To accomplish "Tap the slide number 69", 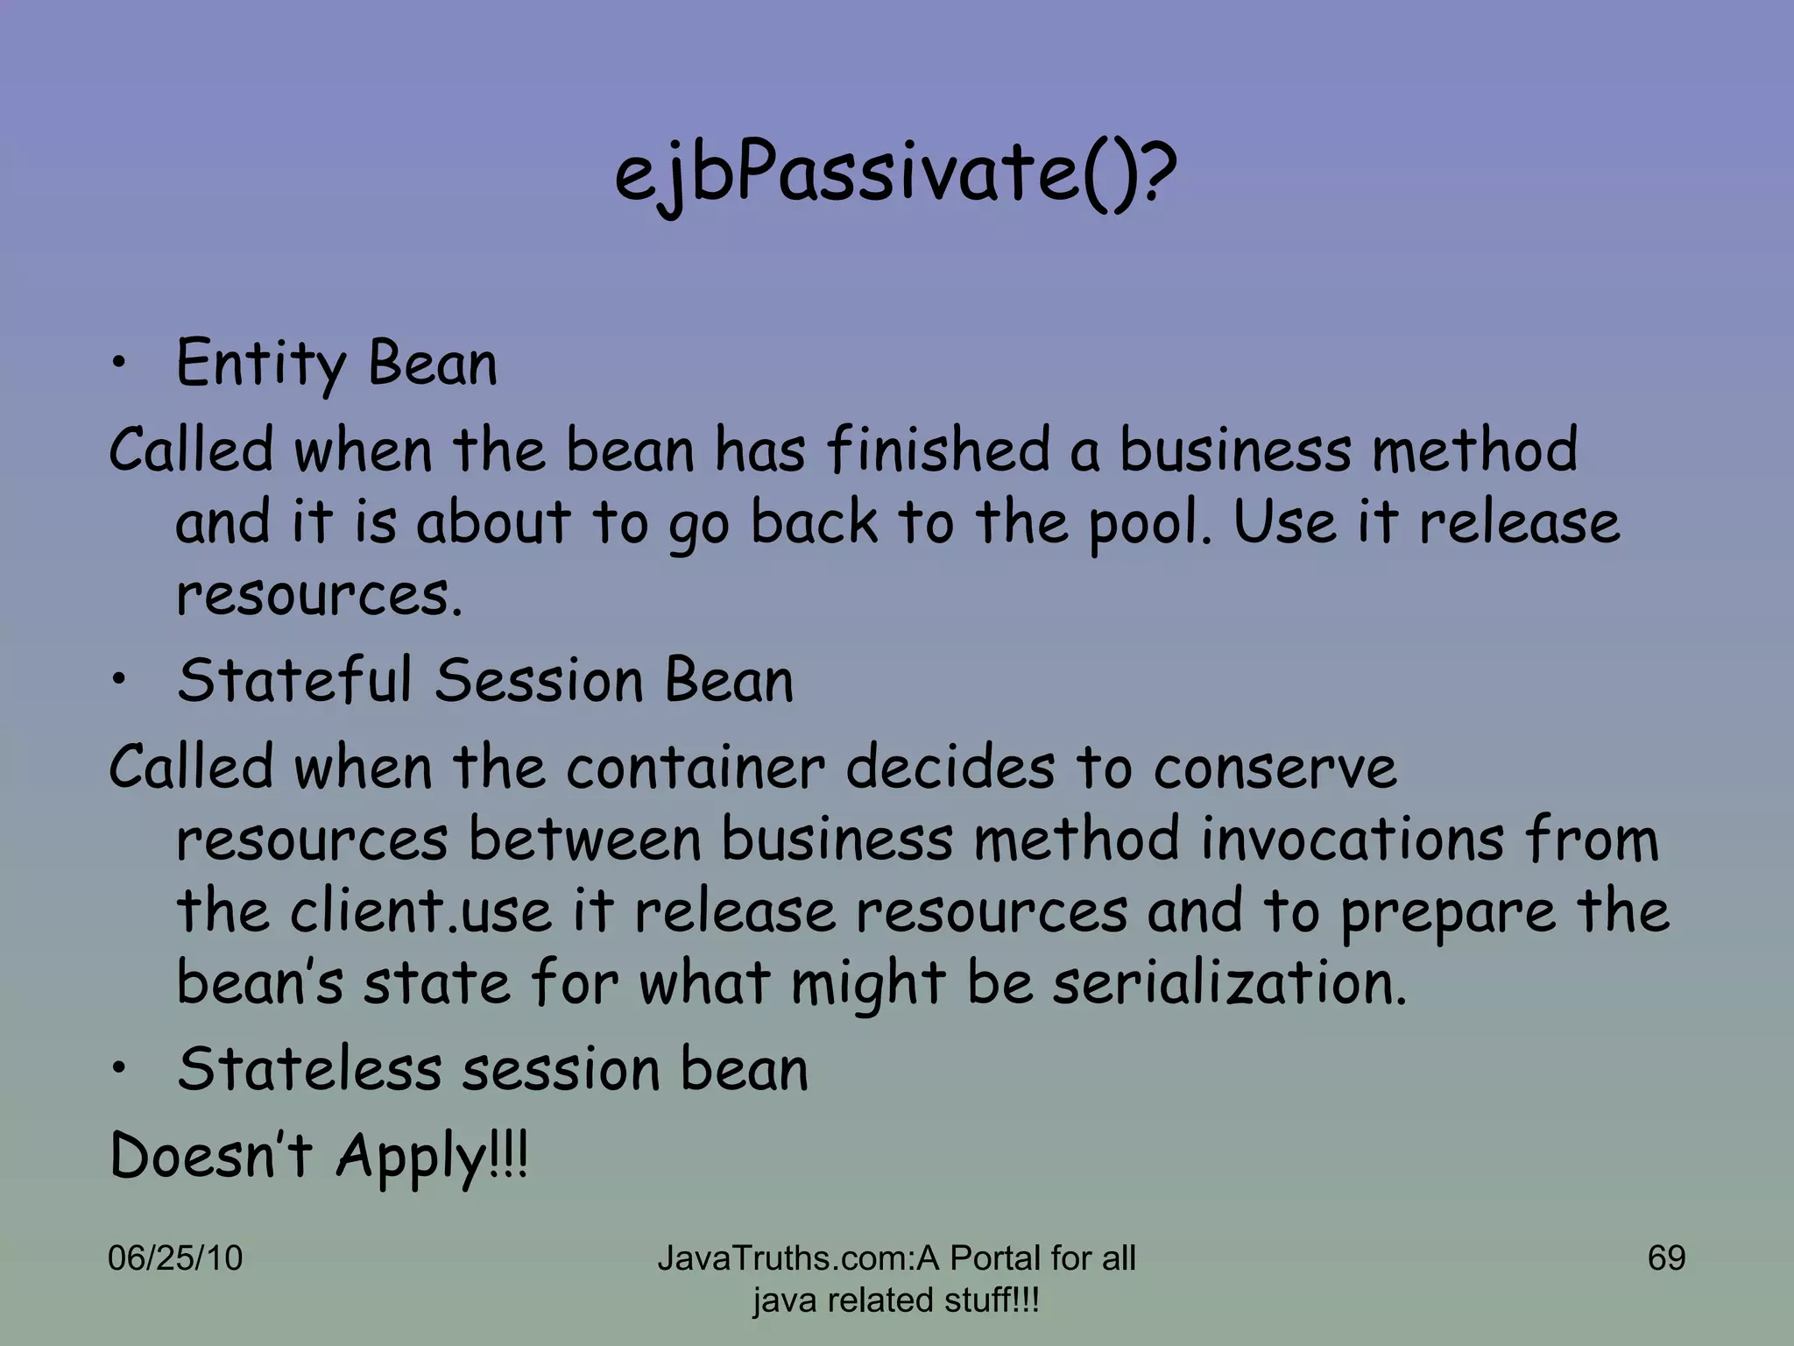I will (x=1666, y=1258).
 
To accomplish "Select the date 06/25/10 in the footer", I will (x=175, y=1258).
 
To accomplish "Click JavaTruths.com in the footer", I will (x=784, y=1258).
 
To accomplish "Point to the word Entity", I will (x=261, y=364).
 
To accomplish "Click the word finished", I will (x=937, y=450).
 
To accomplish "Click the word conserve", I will (x=1275, y=767).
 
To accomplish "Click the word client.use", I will (x=421, y=910).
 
